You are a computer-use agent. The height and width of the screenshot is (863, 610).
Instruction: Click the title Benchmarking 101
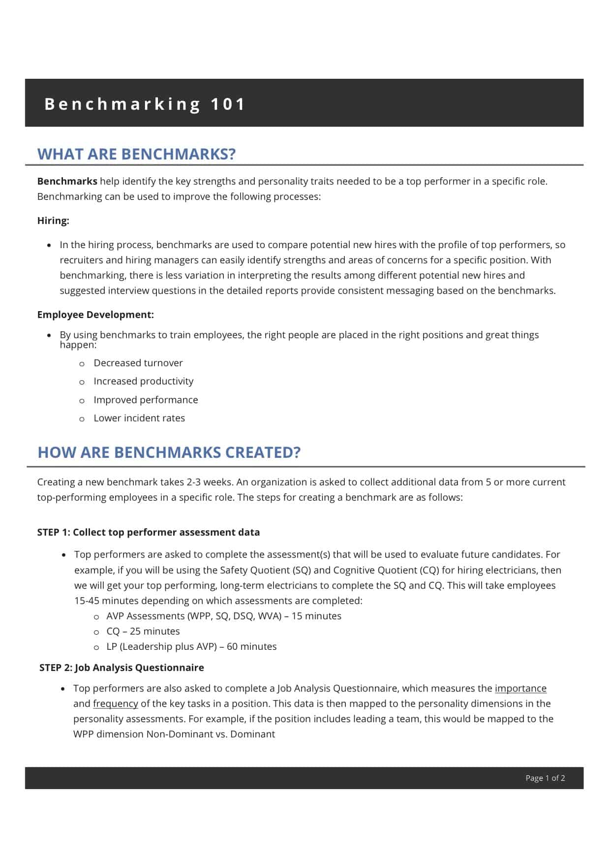[x=145, y=104]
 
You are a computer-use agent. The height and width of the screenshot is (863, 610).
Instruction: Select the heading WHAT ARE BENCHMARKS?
[x=136, y=154]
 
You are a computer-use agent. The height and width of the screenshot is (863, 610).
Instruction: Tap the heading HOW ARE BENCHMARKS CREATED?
[x=169, y=452]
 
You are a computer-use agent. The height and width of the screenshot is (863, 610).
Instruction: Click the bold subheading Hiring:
[x=53, y=221]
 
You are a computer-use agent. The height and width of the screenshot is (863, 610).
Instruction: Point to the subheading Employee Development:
[x=95, y=315]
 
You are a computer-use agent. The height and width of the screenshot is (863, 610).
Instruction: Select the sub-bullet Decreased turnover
[x=138, y=363]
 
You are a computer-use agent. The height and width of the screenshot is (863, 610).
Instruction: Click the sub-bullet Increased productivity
[x=143, y=381]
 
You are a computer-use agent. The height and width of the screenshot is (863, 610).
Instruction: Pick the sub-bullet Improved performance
[x=146, y=400]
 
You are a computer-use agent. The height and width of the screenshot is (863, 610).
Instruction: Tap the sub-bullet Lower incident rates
[x=139, y=418]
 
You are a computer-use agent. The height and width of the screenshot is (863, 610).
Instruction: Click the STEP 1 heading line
[x=148, y=532]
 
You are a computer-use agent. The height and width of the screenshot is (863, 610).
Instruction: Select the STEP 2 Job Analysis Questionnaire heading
[x=122, y=668]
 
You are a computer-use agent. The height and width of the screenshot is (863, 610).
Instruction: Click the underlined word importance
[x=520, y=688]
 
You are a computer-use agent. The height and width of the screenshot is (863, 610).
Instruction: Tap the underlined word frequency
[x=116, y=703]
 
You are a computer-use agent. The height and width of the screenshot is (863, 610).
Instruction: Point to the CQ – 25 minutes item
[x=143, y=631]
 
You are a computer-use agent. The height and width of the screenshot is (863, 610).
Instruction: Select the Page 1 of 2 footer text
[x=545, y=778]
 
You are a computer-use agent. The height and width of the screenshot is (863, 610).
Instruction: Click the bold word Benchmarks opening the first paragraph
[x=67, y=181]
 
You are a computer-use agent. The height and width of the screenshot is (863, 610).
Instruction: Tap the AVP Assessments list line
[x=223, y=616]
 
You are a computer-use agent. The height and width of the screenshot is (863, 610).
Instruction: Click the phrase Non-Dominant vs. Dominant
[x=211, y=734]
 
